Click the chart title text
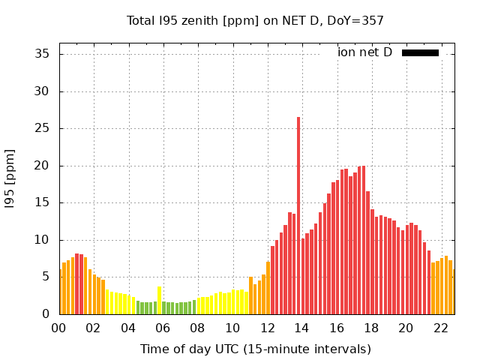(x=255, y=21)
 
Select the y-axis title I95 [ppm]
(x=10, y=178)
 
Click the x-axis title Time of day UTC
(x=255, y=349)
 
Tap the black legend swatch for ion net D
(x=420, y=52)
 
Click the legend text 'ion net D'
(x=364, y=52)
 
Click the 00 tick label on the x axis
(x=59, y=328)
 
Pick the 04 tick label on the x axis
(x=128, y=328)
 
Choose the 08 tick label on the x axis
(x=197, y=328)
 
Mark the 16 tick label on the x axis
(x=336, y=328)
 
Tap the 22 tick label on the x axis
(x=440, y=328)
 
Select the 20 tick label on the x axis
(x=406, y=328)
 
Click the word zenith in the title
(x=196, y=21)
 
